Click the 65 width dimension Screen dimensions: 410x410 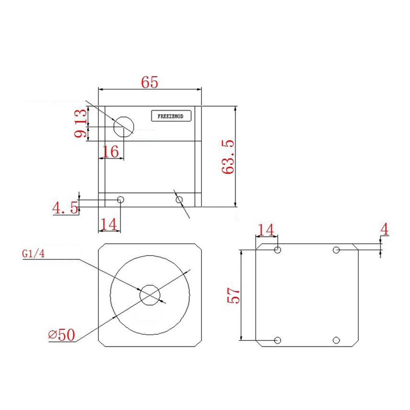pos(150,82)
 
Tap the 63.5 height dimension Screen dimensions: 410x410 pos(228,157)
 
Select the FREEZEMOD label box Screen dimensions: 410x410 pos(171,116)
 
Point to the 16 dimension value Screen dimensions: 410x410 pos(111,151)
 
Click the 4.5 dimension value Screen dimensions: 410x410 pos(65,208)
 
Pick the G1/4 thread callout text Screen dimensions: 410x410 pos(33,254)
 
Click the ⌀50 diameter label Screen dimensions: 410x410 pos(62,335)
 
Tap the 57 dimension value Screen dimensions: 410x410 pos(233,295)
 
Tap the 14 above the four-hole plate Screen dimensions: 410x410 pos(266,230)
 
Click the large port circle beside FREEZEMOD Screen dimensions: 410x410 pos(124,127)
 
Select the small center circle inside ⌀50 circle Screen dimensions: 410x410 pos(150,295)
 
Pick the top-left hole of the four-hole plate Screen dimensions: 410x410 pos(278,250)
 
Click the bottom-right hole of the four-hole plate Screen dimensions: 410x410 pos(336,340)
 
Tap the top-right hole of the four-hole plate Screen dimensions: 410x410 pos(336,250)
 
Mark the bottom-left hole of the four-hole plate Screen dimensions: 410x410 pos(278,340)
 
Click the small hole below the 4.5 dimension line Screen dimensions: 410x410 pos(121,200)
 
